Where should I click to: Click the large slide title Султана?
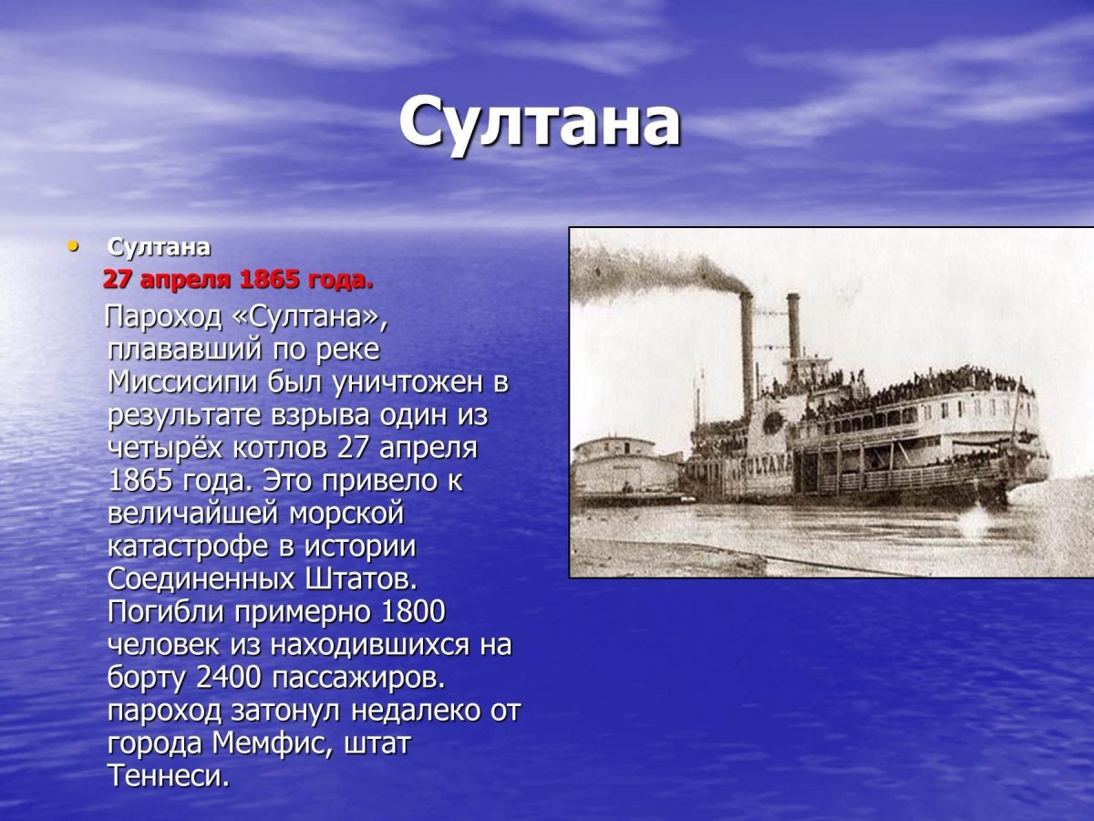[x=539, y=123]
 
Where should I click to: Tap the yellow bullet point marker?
[x=73, y=245]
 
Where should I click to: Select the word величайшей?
[x=192, y=514]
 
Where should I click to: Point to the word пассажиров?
[x=369, y=678]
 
